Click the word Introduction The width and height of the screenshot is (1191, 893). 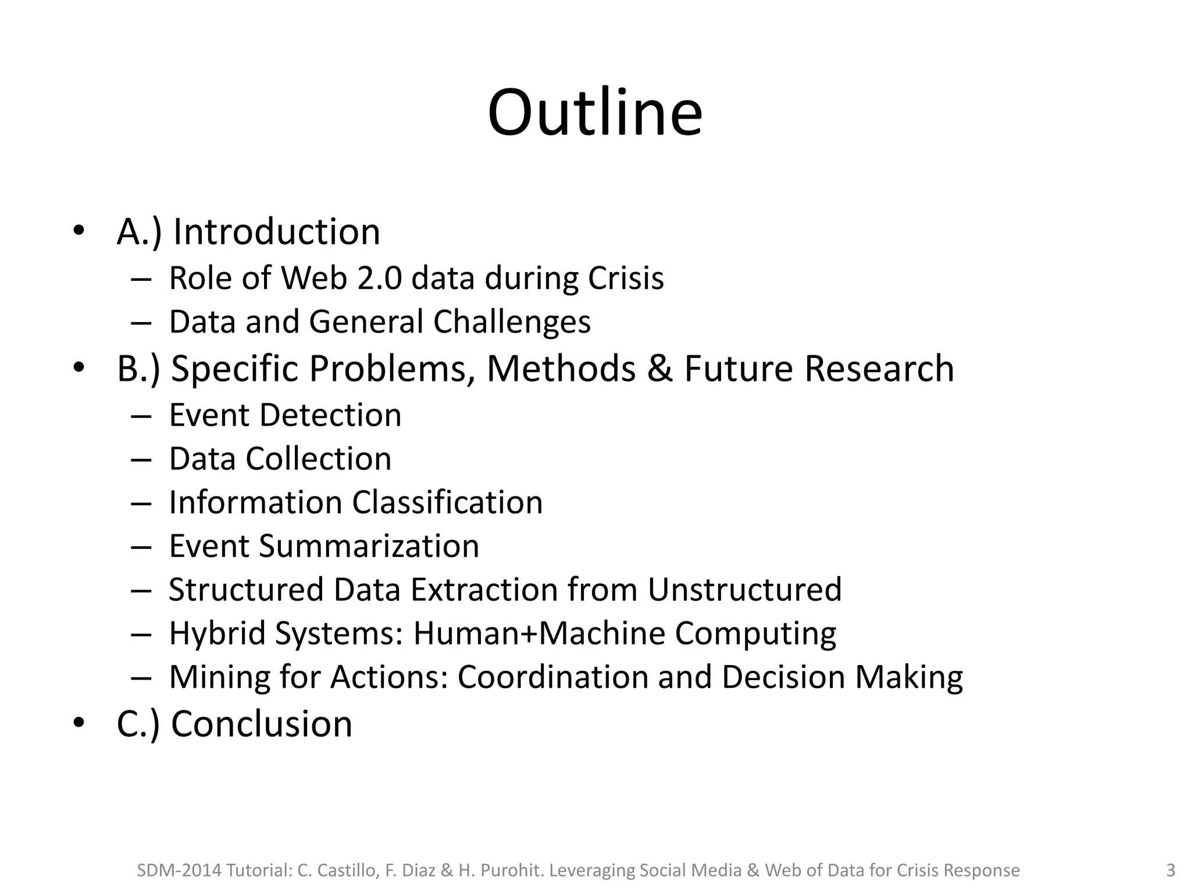[x=277, y=231]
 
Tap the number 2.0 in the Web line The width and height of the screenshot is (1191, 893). [x=379, y=278]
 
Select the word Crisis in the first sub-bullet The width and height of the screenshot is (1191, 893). [x=626, y=278]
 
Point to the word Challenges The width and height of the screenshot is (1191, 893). [x=512, y=322]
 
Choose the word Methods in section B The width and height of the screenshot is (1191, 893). [x=561, y=369]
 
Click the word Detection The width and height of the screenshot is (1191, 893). [x=330, y=415]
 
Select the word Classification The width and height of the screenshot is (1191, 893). [x=447, y=502]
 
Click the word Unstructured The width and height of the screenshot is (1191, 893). [x=744, y=590]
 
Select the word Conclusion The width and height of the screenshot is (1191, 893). [x=262, y=724]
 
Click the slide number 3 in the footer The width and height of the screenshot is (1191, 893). [x=1171, y=870]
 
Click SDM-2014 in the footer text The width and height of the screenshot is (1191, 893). [x=179, y=870]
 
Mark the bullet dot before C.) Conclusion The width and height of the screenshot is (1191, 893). [x=79, y=723]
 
